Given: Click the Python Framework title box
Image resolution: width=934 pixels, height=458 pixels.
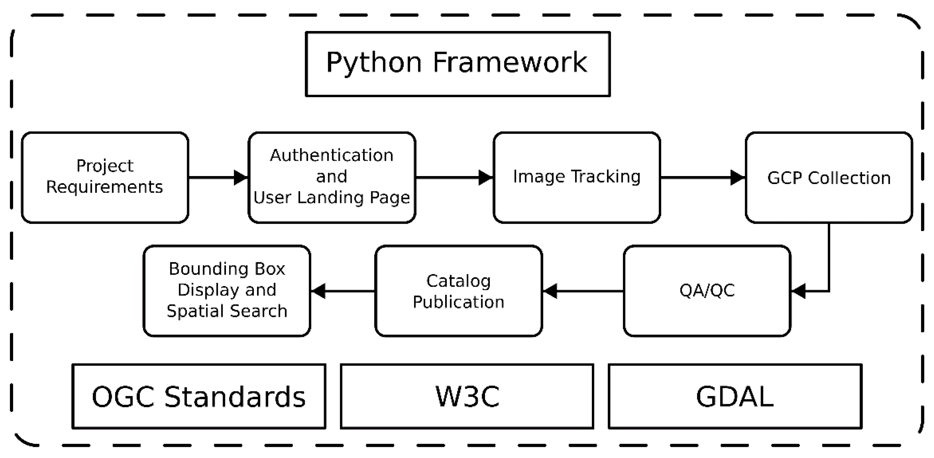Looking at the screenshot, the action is coord(458,64).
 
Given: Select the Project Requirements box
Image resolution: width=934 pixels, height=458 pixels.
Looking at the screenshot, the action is coord(105,178).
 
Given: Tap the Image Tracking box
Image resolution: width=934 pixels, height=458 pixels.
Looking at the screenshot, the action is coord(577,178).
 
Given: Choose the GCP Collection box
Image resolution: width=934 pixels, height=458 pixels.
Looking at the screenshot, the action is coord(829,178).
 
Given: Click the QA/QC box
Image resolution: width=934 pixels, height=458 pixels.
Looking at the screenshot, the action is coord(707,291).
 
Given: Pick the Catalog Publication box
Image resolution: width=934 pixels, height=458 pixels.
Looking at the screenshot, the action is coord(459,291).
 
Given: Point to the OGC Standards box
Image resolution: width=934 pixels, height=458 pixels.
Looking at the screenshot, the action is coord(199,396).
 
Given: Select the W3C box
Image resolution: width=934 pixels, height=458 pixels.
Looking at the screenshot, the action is coord(467,396).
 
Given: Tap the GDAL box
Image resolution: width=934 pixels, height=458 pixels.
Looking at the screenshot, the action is coord(735,396).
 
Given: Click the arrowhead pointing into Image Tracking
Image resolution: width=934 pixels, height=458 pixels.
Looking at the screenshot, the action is coord(486,178).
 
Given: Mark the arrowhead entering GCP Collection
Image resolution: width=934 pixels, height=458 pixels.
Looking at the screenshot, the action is coord(738,178).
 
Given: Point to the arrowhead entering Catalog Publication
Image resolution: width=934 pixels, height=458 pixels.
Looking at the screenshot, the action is coord(550,291).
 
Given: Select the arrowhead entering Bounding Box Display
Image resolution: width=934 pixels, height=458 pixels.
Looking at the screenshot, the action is coord(318,291).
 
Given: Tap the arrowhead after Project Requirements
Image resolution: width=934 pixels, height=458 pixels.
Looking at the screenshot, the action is coord(241,178).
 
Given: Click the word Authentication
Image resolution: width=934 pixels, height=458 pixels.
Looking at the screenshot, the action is coord(331,155).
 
